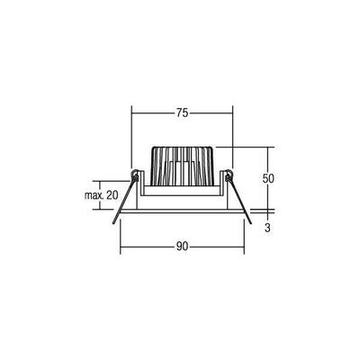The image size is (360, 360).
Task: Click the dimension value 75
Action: click(181, 113)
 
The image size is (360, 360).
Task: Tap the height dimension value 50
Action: click(266, 178)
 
